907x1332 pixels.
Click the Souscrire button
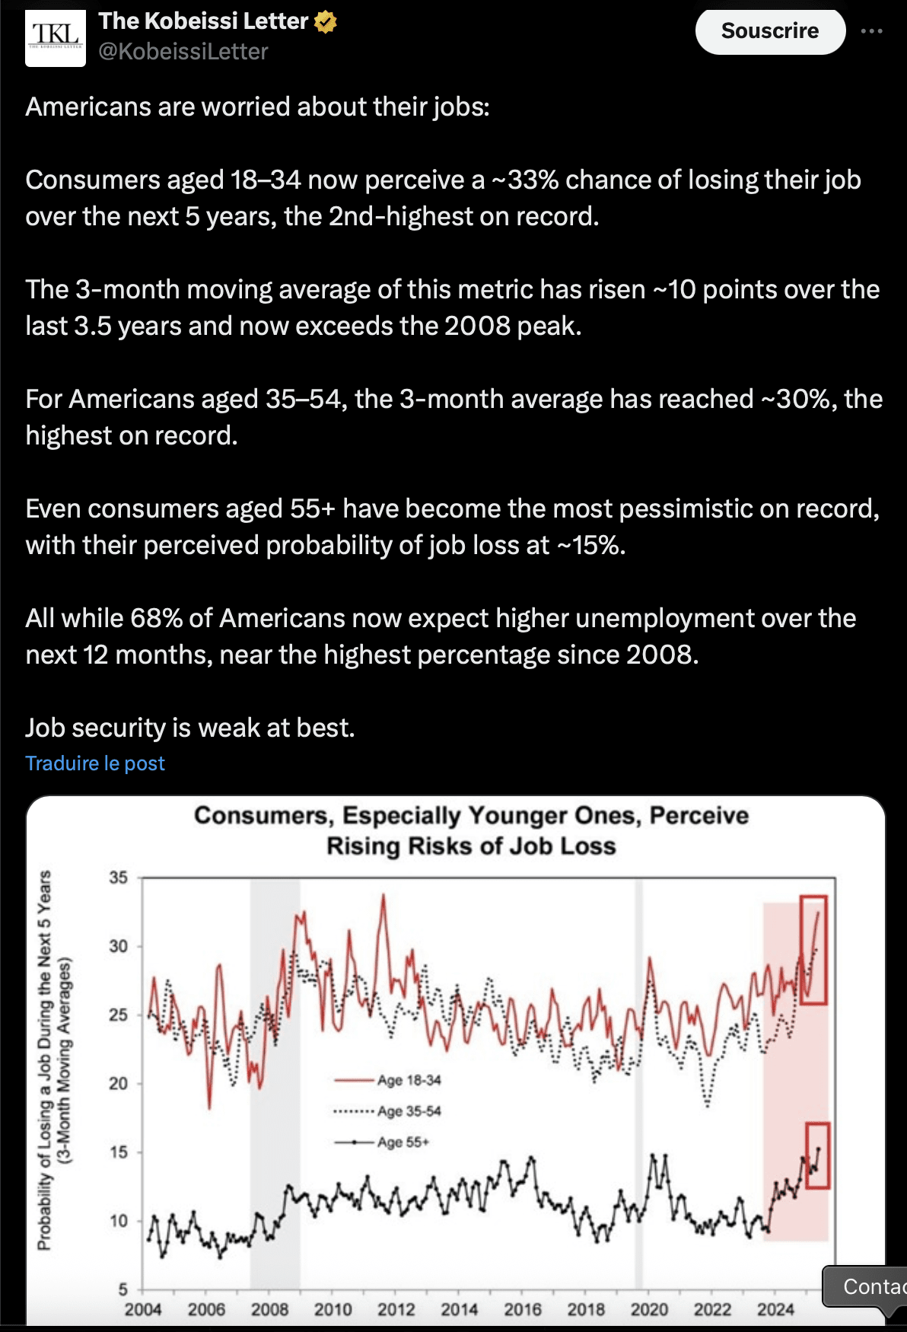pos(770,31)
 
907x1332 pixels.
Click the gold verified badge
pos(326,23)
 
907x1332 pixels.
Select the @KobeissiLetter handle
pos(183,52)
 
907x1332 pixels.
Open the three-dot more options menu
pos(871,31)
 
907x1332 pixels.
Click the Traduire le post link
pos(95,763)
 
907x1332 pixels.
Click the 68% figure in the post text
pos(156,619)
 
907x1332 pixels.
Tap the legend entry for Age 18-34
pos(409,1080)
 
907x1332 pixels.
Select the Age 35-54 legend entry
pos(409,1111)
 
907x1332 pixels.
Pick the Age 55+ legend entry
pos(403,1142)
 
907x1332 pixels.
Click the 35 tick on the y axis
pos(118,878)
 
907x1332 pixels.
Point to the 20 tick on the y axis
pos(118,1083)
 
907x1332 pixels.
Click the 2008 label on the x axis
pos(269,1309)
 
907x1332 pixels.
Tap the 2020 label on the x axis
pos(648,1309)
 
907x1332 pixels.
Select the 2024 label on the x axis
pos(775,1309)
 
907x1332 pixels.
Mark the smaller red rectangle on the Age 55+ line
pos(818,1155)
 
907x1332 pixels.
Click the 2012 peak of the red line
pos(383,896)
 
